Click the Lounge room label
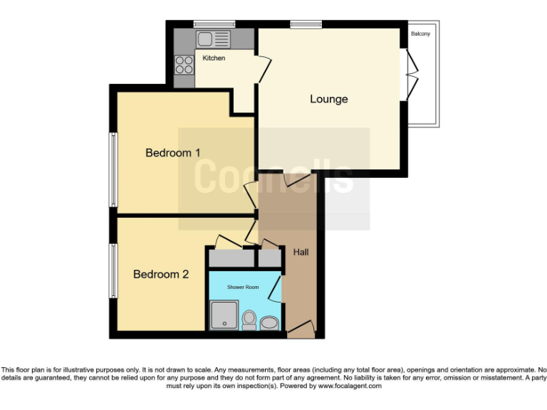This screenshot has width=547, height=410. point(328,99)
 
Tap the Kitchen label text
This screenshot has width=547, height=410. point(214,58)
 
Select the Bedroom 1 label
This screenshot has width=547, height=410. point(173,152)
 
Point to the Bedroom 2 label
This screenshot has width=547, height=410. point(161,273)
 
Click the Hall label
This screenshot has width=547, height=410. point(301,252)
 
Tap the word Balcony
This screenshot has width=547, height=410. point(420,33)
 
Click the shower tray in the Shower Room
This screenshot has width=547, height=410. point(225,315)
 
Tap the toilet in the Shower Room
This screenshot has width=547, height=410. point(249,320)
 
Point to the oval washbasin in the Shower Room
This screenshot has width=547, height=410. point(269,325)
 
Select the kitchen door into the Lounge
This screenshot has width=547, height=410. point(263,69)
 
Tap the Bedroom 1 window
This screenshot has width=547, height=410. point(113,169)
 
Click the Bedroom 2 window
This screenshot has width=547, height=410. point(113,271)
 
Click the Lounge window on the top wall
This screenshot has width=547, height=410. point(306,25)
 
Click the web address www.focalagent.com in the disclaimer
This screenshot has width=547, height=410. point(350,386)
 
